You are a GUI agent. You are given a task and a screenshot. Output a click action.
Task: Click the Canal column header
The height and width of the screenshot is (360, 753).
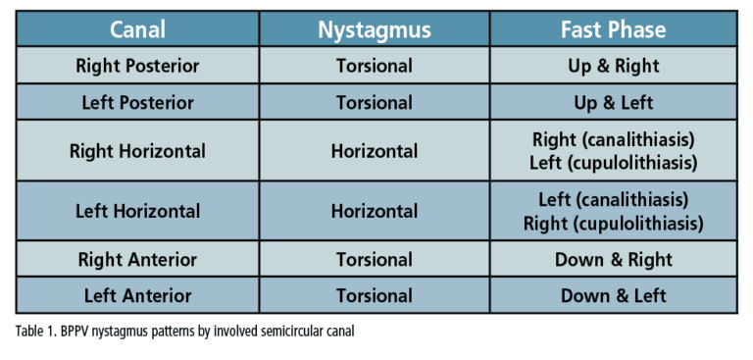137,29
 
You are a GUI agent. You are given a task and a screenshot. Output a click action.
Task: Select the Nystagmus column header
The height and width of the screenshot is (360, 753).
375,29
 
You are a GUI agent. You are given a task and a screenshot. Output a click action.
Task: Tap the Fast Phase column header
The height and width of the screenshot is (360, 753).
613,29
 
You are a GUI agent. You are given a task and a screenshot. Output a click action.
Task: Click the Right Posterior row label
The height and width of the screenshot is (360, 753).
137,67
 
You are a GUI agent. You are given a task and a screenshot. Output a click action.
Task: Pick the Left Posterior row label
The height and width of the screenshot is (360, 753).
137,102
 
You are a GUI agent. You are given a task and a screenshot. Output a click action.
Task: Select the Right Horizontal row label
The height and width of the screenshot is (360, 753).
137,151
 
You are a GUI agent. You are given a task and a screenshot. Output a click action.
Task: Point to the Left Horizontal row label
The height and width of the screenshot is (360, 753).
137,211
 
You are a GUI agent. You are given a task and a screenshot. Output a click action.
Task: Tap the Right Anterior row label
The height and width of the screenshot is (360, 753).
137,260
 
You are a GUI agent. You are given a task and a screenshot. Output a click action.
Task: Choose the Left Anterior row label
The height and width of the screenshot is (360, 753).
137,295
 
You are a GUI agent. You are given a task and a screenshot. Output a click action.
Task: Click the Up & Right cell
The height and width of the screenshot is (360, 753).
613,67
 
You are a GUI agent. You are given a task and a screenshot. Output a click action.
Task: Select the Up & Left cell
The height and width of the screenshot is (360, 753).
613,102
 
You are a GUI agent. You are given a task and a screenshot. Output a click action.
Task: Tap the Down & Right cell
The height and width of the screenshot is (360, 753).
613,260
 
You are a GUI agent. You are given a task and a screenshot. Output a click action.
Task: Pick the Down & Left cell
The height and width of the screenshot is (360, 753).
613,295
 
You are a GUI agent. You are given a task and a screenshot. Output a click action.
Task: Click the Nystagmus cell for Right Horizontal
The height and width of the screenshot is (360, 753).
375,151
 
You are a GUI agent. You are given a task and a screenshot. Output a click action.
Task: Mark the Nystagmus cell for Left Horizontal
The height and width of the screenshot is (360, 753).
375,211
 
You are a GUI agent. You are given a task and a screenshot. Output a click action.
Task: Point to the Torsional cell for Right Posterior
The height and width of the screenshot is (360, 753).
375,67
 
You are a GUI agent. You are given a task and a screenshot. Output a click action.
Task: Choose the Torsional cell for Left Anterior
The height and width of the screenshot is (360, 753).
375,295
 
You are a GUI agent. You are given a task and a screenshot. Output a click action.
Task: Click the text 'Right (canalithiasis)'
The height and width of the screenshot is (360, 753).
613,140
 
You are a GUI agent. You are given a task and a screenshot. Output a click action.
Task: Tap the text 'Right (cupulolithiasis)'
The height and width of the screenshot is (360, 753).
613,223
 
